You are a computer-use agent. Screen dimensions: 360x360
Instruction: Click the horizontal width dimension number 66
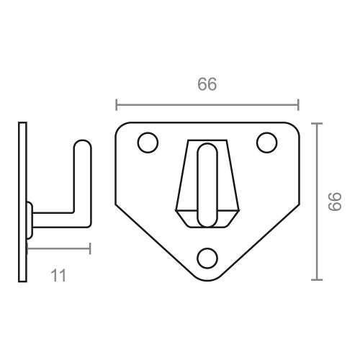[x=207, y=84]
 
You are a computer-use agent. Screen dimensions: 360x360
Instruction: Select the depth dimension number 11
[x=59, y=274]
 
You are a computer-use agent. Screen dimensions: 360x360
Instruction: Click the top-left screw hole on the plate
[x=148, y=143]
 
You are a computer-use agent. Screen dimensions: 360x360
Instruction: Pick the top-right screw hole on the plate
[x=267, y=143]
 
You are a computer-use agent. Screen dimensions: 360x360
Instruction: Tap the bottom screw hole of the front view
[x=207, y=257]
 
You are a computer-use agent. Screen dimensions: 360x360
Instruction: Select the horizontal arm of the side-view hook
[x=58, y=219]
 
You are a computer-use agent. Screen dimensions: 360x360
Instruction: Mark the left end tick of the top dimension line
[x=117, y=106]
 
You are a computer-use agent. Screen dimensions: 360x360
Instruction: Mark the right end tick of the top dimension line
[x=298, y=106]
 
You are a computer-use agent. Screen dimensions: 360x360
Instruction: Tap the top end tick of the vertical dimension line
[x=318, y=124]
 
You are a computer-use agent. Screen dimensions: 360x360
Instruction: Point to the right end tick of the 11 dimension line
[x=90, y=249]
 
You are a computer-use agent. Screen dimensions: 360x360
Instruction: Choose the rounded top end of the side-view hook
[x=81, y=144]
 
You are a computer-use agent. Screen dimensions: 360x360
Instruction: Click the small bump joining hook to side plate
[x=30, y=219]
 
